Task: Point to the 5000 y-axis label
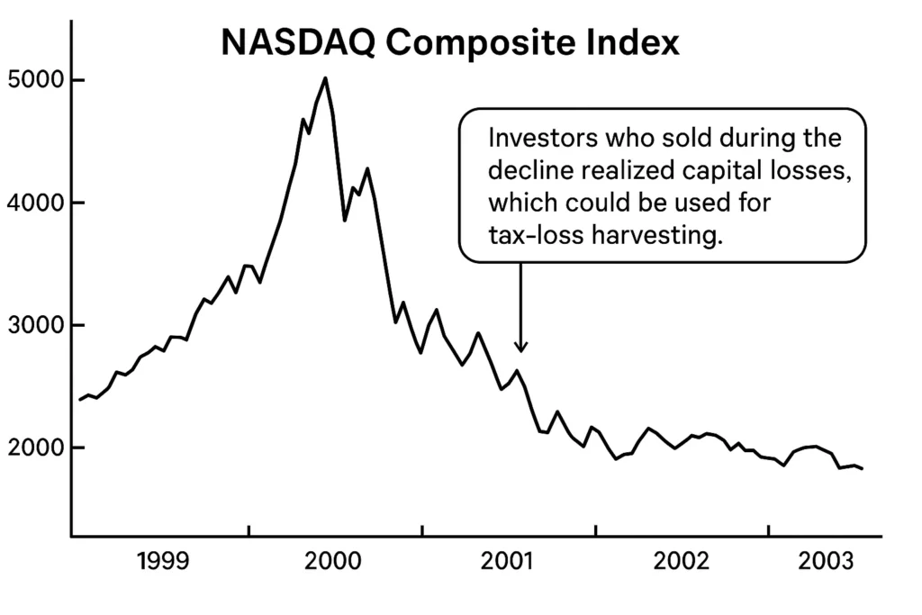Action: (x=32, y=81)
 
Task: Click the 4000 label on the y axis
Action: (x=32, y=203)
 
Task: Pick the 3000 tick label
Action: (x=32, y=326)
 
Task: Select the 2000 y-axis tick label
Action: (x=32, y=448)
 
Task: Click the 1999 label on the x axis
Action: (x=162, y=563)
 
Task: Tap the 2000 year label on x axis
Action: (x=334, y=563)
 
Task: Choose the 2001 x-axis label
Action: (x=506, y=563)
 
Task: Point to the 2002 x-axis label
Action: (x=681, y=563)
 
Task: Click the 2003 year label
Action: (x=826, y=563)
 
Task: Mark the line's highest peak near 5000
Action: (x=325, y=78)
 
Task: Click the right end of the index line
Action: (x=862, y=469)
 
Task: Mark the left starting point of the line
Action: (x=80, y=399)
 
